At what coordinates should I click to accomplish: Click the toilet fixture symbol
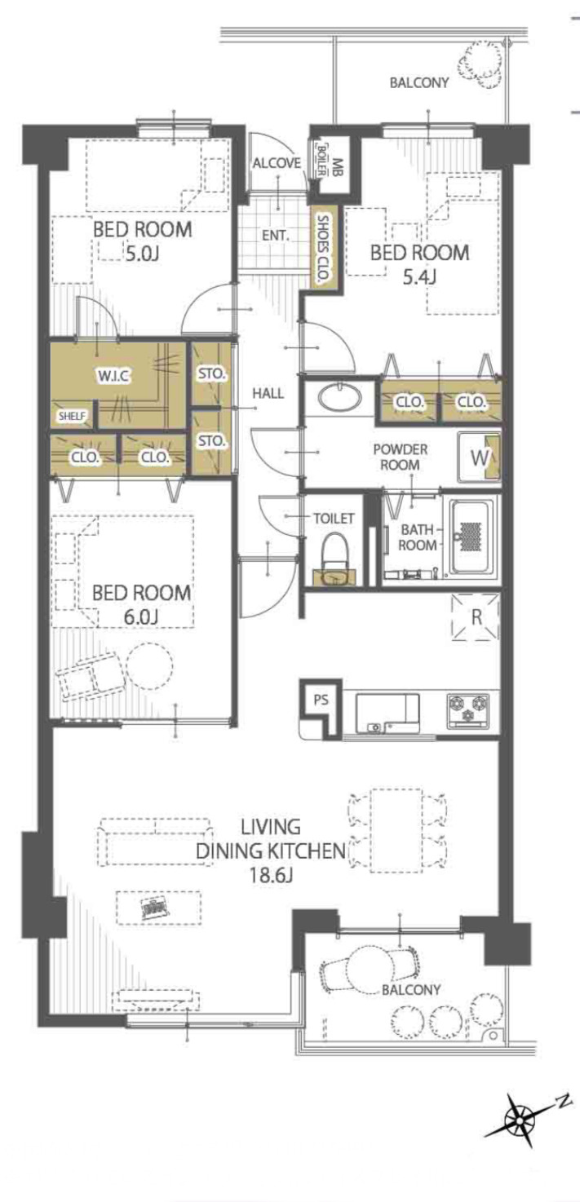335,558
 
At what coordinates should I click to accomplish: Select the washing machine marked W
480,457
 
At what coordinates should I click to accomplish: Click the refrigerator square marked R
476,617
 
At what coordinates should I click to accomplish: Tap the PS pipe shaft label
321,700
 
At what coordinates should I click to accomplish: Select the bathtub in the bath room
472,537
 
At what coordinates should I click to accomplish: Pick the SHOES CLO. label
323,248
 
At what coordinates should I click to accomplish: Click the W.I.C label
113,376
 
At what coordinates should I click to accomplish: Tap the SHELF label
72,416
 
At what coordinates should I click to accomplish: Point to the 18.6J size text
271,877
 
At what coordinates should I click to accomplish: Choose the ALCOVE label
277,162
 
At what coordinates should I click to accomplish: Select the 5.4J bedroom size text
419,277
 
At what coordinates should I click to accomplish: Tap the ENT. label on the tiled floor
276,235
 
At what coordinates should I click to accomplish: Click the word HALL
268,393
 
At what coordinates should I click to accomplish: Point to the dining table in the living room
396,830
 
